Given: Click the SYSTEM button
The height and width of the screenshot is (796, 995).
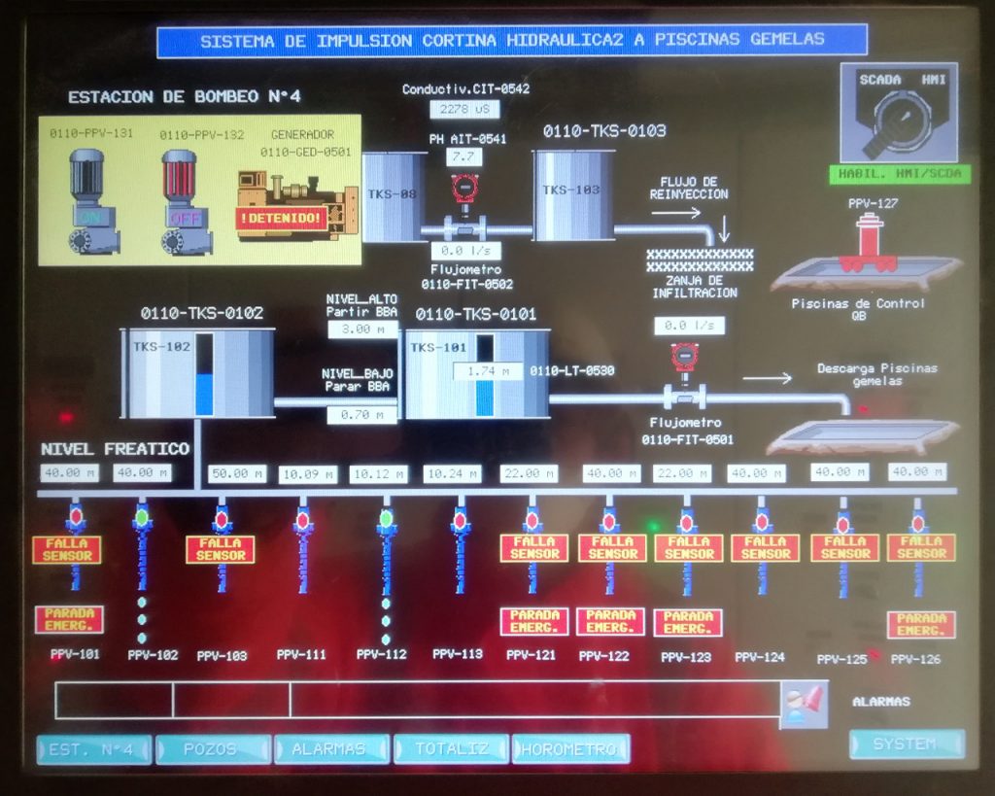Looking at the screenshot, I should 907,744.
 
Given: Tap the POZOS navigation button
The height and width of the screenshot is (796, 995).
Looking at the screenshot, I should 213,749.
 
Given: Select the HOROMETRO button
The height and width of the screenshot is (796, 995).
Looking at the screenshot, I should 570,749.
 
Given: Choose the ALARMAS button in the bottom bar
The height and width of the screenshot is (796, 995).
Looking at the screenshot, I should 331,749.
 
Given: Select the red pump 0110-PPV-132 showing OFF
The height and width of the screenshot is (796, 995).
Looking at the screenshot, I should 181,201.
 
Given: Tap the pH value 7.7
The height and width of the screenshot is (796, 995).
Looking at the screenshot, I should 463,156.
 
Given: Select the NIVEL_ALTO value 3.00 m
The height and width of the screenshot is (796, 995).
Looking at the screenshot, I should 361,329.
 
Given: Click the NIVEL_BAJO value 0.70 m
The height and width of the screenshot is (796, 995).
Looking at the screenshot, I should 361,415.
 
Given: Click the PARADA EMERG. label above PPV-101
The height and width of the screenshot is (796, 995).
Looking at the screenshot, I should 68,619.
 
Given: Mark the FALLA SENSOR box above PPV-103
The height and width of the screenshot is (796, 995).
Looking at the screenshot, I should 221,549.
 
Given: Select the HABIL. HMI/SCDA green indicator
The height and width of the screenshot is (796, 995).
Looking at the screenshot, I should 900,174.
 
